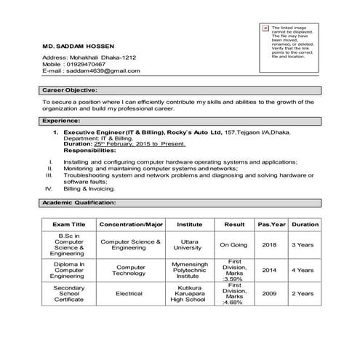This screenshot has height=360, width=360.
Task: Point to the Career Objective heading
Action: click(70, 90)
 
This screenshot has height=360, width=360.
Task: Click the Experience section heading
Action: click(61, 120)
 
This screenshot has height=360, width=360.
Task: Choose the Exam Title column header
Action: click(69, 225)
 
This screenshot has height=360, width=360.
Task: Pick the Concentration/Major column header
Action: click(131, 225)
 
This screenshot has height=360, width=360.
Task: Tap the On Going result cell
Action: click(234, 245)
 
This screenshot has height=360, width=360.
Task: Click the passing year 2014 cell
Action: click(270, 270)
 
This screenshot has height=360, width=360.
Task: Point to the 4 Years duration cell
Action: click(303, 270)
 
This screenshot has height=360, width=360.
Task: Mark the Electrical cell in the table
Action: click(129, 294)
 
